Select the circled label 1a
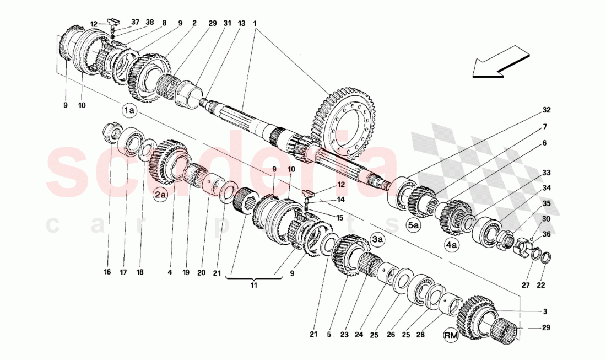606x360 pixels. pyautogui.click(x=130, y=111)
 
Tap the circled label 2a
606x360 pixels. pyautogui.click(x=160, y=194)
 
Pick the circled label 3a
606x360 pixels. pyautogui.click(x=377, y=239)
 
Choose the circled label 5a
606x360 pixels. pyautogui.click(x=414, y=225)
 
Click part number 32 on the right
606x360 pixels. pyautogui.click(x=546, y=110)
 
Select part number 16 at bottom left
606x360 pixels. pyautogui.click(x=107, y=272)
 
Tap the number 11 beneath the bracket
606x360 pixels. pyautogui.click(x=254, y=286)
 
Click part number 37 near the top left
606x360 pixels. pyautogui.click(x=136, y=23)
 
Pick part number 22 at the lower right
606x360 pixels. pyautogui.click(x=541, y=285)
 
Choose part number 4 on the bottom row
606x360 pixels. pyautogui.click(x=170, y=272)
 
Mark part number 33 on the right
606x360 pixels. pyautogui.click(x=546, y=173)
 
